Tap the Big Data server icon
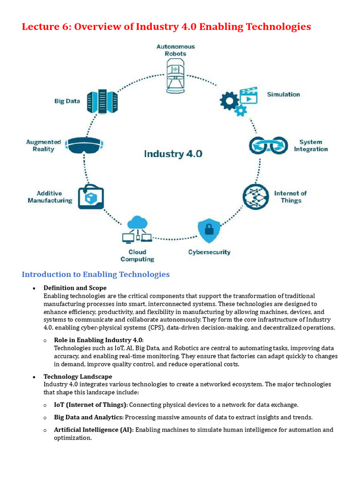102,100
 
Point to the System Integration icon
268,145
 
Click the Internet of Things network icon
256,196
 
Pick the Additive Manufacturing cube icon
91,196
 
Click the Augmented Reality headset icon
84,145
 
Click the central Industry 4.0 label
173,154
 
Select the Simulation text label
283,94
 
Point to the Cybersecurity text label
209,252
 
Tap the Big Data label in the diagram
67,101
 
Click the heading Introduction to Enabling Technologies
96,274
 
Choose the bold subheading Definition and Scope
75,288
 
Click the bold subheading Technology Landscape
78,376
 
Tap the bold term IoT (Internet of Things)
90,405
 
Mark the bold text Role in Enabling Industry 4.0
99,340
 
